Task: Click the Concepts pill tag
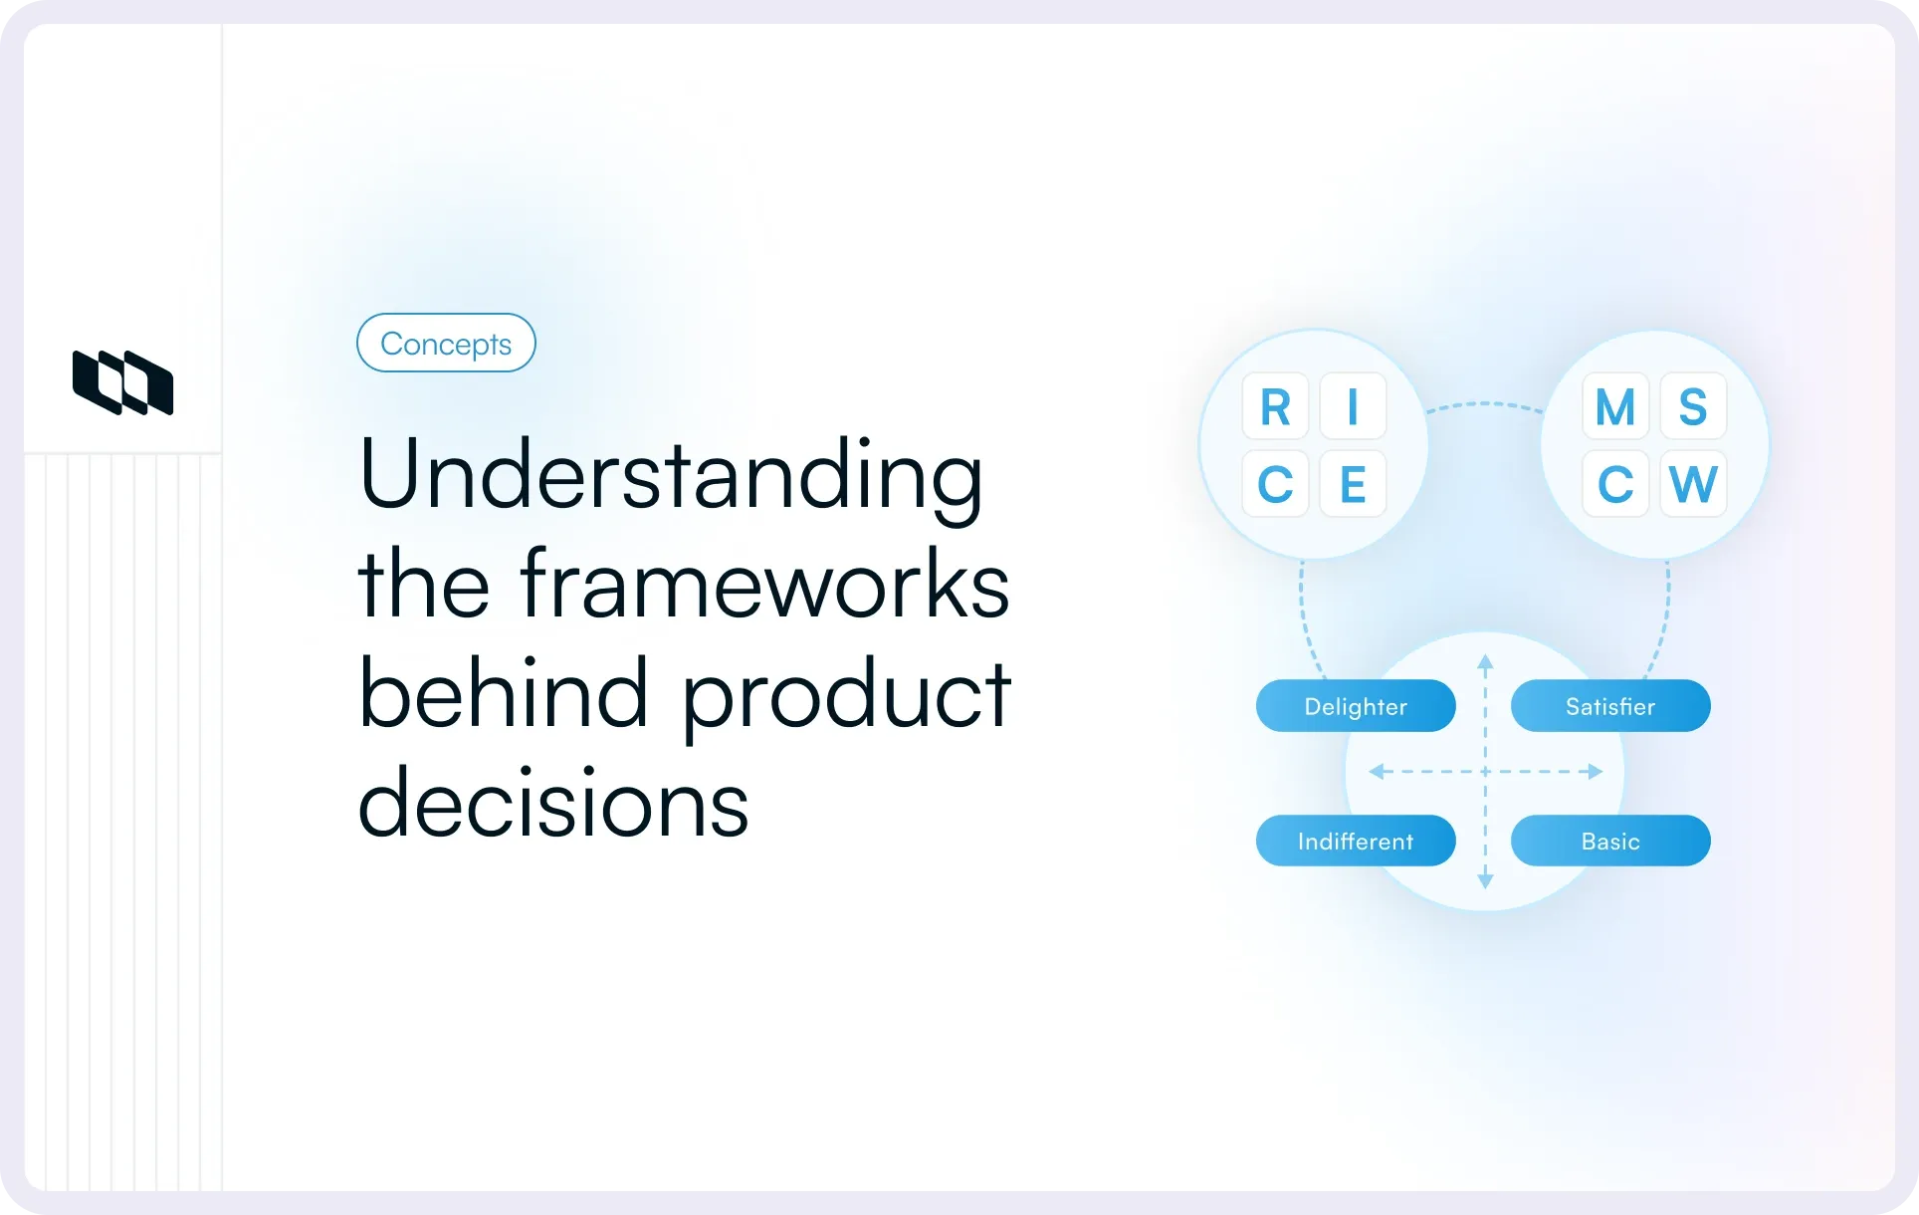click(446, 343)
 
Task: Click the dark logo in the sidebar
click(122, 382)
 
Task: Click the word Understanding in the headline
click(670, 475)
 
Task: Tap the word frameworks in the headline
click(763, 585)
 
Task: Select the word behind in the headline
click(503, 694)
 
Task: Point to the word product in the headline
click(846, 696)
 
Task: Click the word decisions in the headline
click(552, 804)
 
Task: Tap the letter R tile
click(1275, 406)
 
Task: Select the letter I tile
click(1353, 406)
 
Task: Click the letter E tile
click(1353, 484)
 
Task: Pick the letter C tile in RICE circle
click(1275, 484)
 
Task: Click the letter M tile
click(1614, 406)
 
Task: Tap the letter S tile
click(1692, 406)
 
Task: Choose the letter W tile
click(1692, 484)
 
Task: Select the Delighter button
click(1356, 706)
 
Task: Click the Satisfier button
click(1609, 706)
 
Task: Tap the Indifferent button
click(1356, 841)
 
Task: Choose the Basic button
click(1609, 841)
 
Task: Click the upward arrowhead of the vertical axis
click(1485, 661)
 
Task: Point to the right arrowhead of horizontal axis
click(1596, 771)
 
